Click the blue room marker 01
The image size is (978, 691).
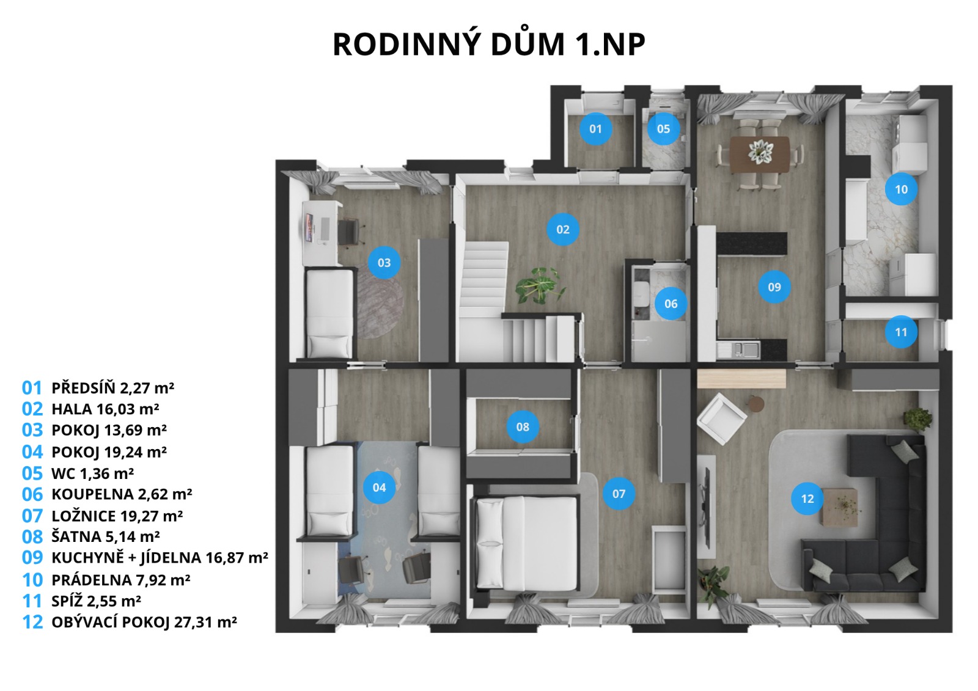(595, 129)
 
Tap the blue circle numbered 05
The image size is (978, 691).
(663, 129)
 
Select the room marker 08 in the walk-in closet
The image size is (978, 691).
(523, 427)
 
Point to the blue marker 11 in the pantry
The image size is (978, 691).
(901, 332)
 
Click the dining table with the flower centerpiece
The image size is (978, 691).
(760, 155)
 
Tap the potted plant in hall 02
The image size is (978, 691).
(540, 286)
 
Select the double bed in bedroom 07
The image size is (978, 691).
(526, 544)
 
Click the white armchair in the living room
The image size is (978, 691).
(721, 418)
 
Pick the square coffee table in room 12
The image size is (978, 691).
(840, 507)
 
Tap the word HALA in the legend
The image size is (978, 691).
(72, 409)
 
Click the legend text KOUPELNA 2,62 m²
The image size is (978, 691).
(122, 494)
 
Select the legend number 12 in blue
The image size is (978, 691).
(32, 622)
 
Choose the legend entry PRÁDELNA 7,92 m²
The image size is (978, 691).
(121, 580)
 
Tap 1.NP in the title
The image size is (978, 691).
(611, 45)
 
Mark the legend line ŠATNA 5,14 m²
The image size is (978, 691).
(106, 536)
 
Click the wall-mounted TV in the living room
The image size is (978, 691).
(705, 506)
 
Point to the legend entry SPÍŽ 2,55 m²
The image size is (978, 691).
(97, 601)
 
